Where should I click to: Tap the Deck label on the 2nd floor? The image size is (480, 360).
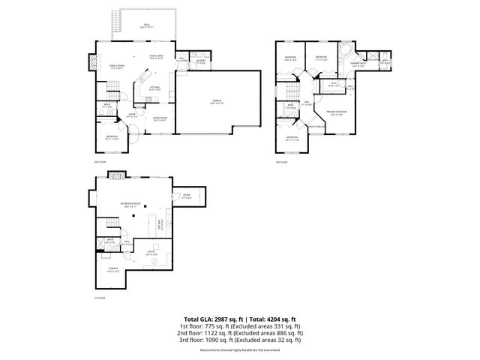pos(146,25)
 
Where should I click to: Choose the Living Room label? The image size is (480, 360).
pos(160,118)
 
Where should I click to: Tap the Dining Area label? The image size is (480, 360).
pos(157,57)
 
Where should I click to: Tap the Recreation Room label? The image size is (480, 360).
pos(130,203)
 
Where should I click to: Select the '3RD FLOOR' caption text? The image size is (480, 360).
pos(282,160)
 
